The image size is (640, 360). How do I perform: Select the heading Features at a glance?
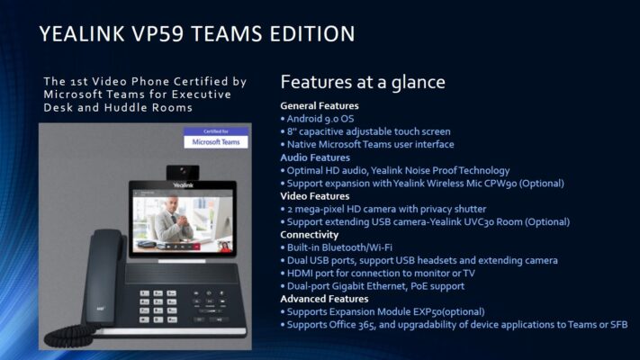pos(363,82)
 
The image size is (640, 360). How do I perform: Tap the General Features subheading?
pos(320,105)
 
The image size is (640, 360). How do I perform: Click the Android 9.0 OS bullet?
pos(318,119)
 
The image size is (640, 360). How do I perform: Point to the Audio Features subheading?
pos(315,157)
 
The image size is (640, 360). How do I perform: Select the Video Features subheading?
pos(315,196)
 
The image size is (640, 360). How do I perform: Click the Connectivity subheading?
pos(310,235)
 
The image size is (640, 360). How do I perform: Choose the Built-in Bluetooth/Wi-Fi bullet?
pos(337,247)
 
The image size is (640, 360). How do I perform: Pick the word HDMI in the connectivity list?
pos(300,273)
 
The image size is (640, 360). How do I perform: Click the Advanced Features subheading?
pos(324,299)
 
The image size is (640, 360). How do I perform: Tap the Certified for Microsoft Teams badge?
pos(216,138)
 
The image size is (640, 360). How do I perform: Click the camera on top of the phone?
pos(183,172)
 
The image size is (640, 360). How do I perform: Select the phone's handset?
pos(104,276)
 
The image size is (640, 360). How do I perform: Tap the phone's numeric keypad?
pos(158,306)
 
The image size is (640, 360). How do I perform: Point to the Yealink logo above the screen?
pos(183,185)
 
